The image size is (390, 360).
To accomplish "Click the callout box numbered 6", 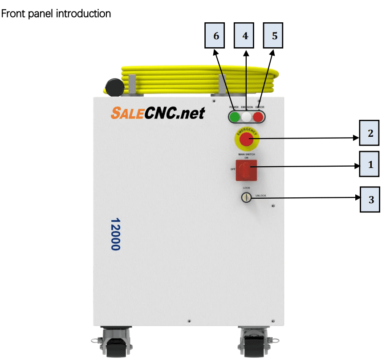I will tap(216, 36).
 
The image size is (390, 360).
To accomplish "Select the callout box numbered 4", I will tap(245, 36).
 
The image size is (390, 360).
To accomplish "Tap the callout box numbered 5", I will tap(274, 36).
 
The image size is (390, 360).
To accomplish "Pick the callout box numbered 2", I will tap(369, 133).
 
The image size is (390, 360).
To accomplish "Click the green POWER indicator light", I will tap(234, 117).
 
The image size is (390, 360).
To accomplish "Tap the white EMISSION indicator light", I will tap(246, 117).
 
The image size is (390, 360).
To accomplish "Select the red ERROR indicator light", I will tap(258, 117).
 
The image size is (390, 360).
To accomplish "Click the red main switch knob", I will tap(246, 170).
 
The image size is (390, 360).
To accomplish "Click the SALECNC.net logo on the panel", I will tap(158, 113).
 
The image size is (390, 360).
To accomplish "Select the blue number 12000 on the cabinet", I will tap(115, 234).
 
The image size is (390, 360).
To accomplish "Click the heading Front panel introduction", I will tap(57, 14).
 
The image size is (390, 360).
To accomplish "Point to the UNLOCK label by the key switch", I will tap(261, 196).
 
